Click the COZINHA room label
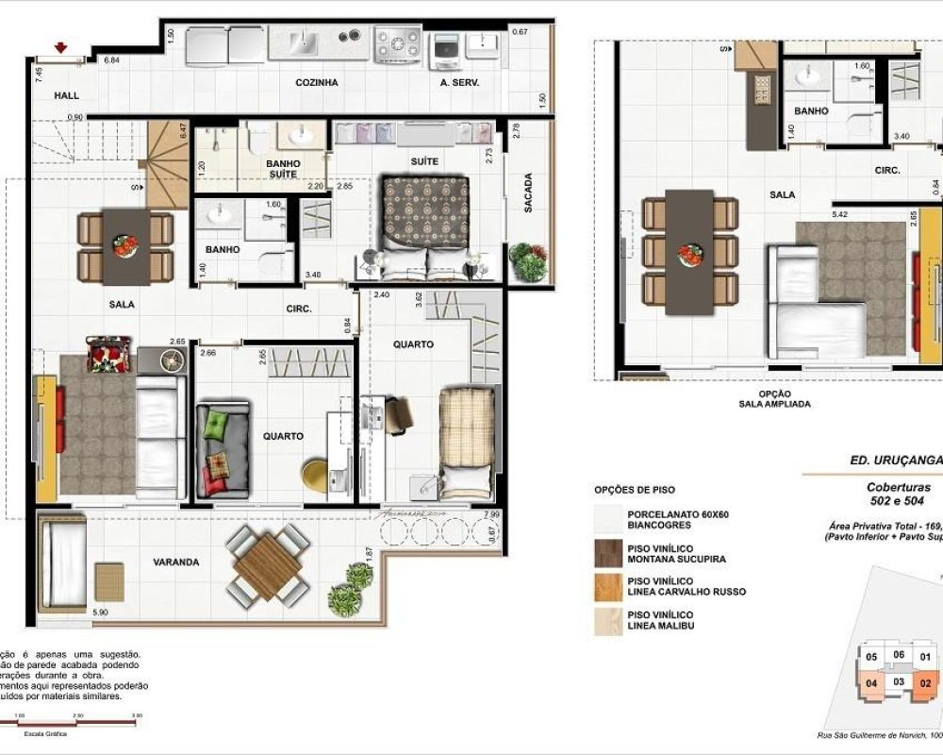pos(317,83)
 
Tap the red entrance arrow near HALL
pos(62,47)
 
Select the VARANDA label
pos(176,562)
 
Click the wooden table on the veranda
pos(268,565)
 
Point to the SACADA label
pos(528,193)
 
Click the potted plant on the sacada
pos(528,261)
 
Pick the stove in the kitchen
pos(398,43)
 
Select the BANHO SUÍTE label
pos(283,169)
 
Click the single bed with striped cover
pos(467,440)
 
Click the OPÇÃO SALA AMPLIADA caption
pos(774,398)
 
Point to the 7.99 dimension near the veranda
pos(490,514)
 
